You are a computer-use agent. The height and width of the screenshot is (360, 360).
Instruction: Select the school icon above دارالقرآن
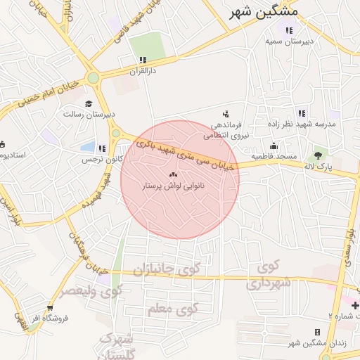143,60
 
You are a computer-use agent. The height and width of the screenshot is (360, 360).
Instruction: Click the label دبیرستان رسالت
89,114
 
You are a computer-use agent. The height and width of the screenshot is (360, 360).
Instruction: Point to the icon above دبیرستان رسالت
89,103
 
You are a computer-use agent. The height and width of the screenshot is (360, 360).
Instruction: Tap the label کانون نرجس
105,160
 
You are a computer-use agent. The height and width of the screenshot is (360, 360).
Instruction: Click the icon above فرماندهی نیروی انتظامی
226,113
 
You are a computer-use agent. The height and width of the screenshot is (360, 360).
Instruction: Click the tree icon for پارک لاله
319,155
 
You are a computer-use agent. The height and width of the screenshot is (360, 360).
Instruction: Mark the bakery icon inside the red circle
173,174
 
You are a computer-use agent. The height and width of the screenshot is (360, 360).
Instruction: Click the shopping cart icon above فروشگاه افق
49,307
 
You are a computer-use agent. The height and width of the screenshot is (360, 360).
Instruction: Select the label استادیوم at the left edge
13,154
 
